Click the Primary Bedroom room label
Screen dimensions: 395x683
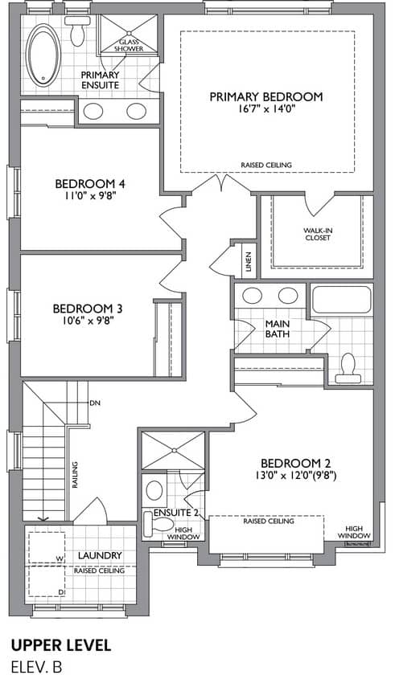[x=266, y=96]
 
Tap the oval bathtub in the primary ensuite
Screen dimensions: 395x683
[x=43, y=55]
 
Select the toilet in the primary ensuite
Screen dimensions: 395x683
[x=77, y=31]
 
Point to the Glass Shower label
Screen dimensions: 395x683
[x=129, y=45]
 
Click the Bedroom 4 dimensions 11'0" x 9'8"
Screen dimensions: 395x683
[x=90, y=195]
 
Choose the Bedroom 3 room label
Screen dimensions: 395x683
[x=88, y=309]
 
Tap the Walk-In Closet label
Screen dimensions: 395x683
[x=318, y=234]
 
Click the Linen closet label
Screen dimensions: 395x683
[x=249, y=262]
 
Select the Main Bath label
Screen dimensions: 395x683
[x=278, y=329]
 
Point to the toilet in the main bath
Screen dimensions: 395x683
[x=348, y=369]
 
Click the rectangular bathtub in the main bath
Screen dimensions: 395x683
[x=342, y=299]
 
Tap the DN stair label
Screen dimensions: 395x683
[x=95, y=403]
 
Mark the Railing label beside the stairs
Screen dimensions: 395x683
[x=75, y=475]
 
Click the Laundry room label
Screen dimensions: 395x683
[x=100, y=555]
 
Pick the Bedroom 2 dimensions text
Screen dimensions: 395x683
[x=296, y=476]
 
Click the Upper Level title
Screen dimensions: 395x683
[x=61, y=645]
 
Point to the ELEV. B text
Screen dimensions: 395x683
[x=37, y=667]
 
